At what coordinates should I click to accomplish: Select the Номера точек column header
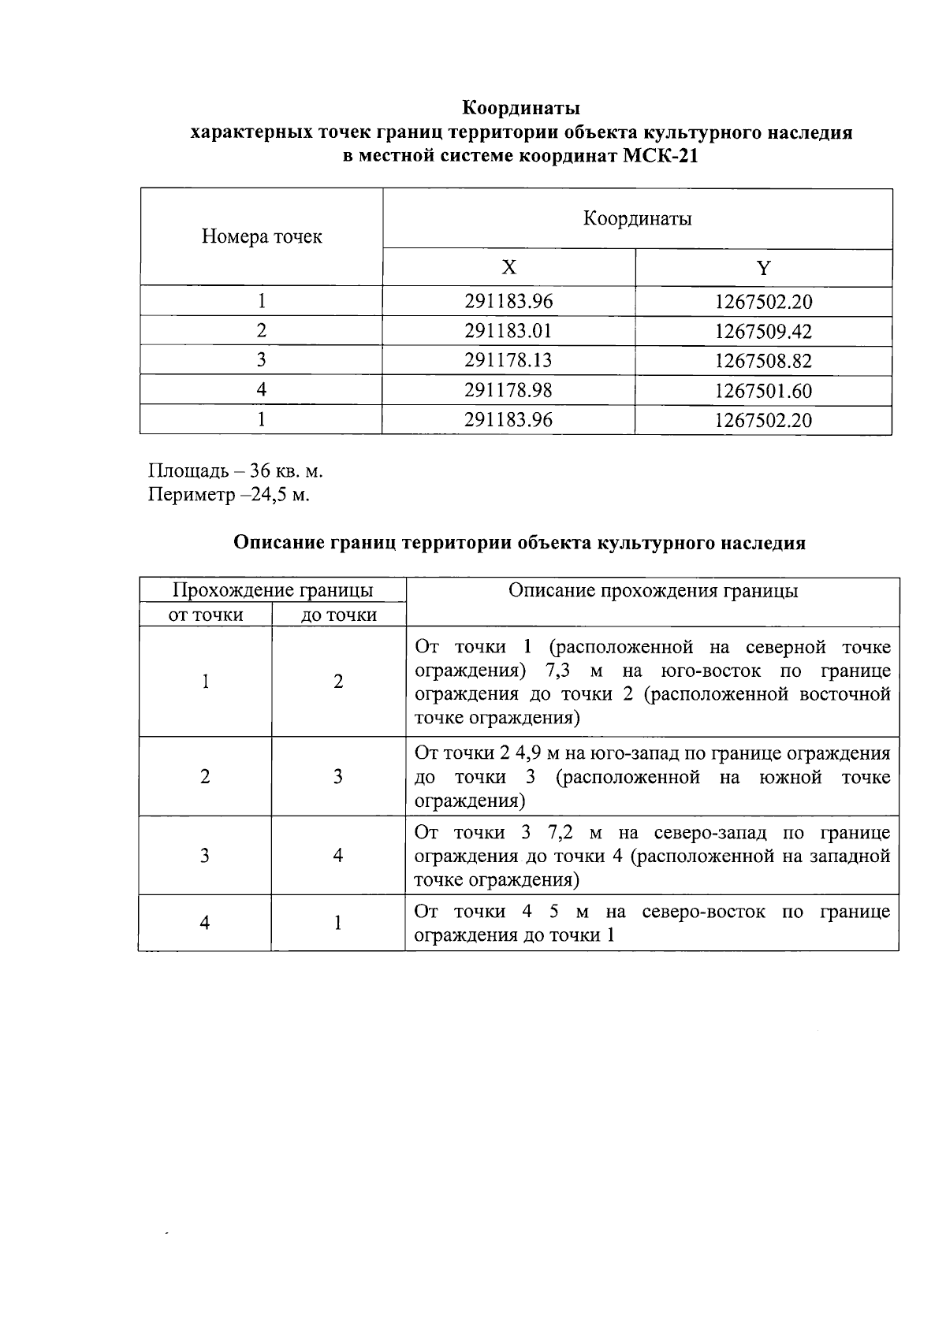pyautogui.click(x=262, y=236)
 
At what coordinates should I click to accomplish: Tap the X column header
pyautogui.click(x=509, y=268)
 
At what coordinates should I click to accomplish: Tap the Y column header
pyautogui.click(x=763, y=268)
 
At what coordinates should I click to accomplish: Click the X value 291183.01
pyautogui.click(x=508, y=331)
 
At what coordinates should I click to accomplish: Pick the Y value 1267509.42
pyautogui.click(x=763, y=331)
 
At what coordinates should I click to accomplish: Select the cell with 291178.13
pyautogui.click(x=508, y=360)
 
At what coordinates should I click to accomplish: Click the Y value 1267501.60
pyautogui.click(x=763, y=390)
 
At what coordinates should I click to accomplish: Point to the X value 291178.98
pyautogui.click(x=508, y=390)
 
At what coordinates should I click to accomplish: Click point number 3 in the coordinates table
pyautogui.click(x=262, y=360)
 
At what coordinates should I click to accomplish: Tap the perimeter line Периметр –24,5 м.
pyautogui.click(x=229, y=495)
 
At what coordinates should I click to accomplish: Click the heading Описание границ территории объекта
pyautogui.click(x=520, y=543)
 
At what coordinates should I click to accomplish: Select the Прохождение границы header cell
pyautogui.click(x=273, y=590)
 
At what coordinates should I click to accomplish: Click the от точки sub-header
pyautogui.click(x=206, y=615)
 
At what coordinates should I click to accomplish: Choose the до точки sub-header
pyautogui.click(x=339, y=615)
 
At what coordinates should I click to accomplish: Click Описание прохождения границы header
pyautogui.click(x=653, y=591)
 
